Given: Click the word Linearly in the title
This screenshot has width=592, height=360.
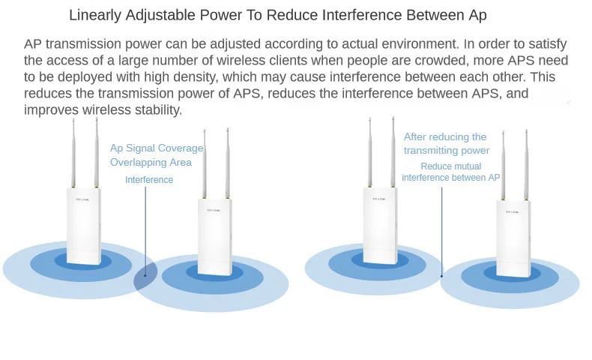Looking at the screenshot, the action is coord(95,16).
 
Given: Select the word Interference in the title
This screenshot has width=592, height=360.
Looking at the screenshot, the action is coord(362,15).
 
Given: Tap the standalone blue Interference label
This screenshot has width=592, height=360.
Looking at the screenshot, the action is coord(149,180).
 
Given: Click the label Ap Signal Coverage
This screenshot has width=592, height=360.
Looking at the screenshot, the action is coord(157,148).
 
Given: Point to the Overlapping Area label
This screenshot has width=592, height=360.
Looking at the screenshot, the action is coord(151,163).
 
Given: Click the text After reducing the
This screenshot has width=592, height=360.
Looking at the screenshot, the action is coord(445,136).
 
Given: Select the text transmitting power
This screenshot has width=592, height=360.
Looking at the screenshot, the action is coord(447,150).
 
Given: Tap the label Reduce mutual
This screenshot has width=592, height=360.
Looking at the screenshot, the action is coord(451,166).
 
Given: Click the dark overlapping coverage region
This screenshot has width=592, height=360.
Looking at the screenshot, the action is coord(145,272).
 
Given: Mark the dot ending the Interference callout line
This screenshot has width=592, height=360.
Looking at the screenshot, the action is coord(145,275).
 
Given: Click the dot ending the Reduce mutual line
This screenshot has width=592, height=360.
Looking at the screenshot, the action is coord(441,276).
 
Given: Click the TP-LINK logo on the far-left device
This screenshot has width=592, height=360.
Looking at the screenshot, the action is coord(82,199).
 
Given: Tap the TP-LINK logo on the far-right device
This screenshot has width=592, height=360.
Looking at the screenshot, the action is coord(512,212).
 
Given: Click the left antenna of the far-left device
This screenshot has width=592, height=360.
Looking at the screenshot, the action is coord(73,153).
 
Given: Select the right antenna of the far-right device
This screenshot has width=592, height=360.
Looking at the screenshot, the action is coord(526,165).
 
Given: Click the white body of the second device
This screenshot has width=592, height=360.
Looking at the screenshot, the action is coord(214,237).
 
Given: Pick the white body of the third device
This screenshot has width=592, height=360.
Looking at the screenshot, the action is coord(380,226).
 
